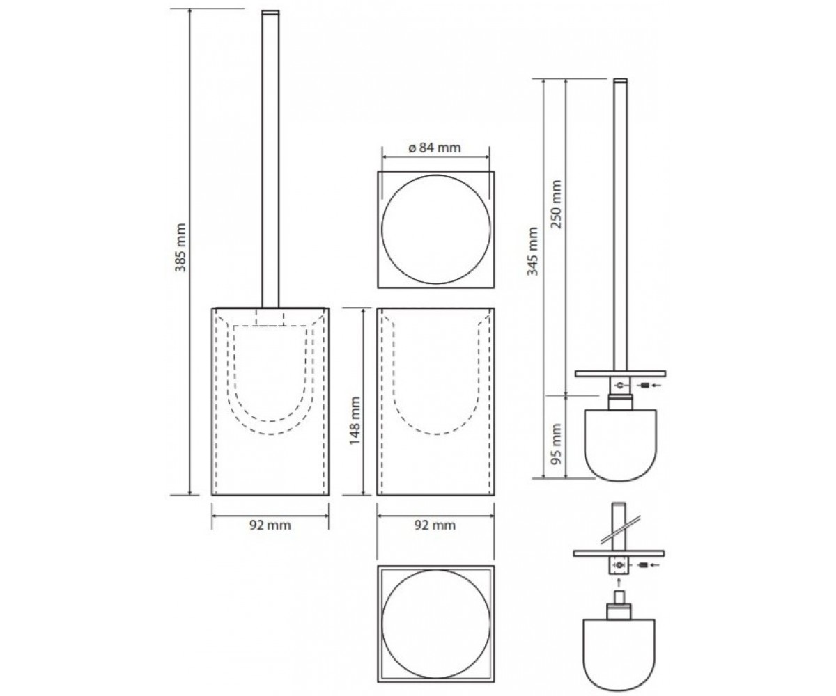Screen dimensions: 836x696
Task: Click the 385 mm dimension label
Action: click(x=180, y=247)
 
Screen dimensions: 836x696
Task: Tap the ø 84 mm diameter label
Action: click(x=435, y=148)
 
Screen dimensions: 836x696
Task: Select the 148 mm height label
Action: click(x=355, y=420)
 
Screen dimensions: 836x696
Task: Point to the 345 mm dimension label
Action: click(x=532, y=251)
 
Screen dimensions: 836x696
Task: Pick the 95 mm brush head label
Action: click(x=556, y=443)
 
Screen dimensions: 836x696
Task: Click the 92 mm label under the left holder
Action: click(x=270, y=525)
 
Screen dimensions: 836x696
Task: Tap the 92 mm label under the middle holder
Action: click(x=435, y=525)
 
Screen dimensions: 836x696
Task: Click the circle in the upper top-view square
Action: click(x=435, y=175)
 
